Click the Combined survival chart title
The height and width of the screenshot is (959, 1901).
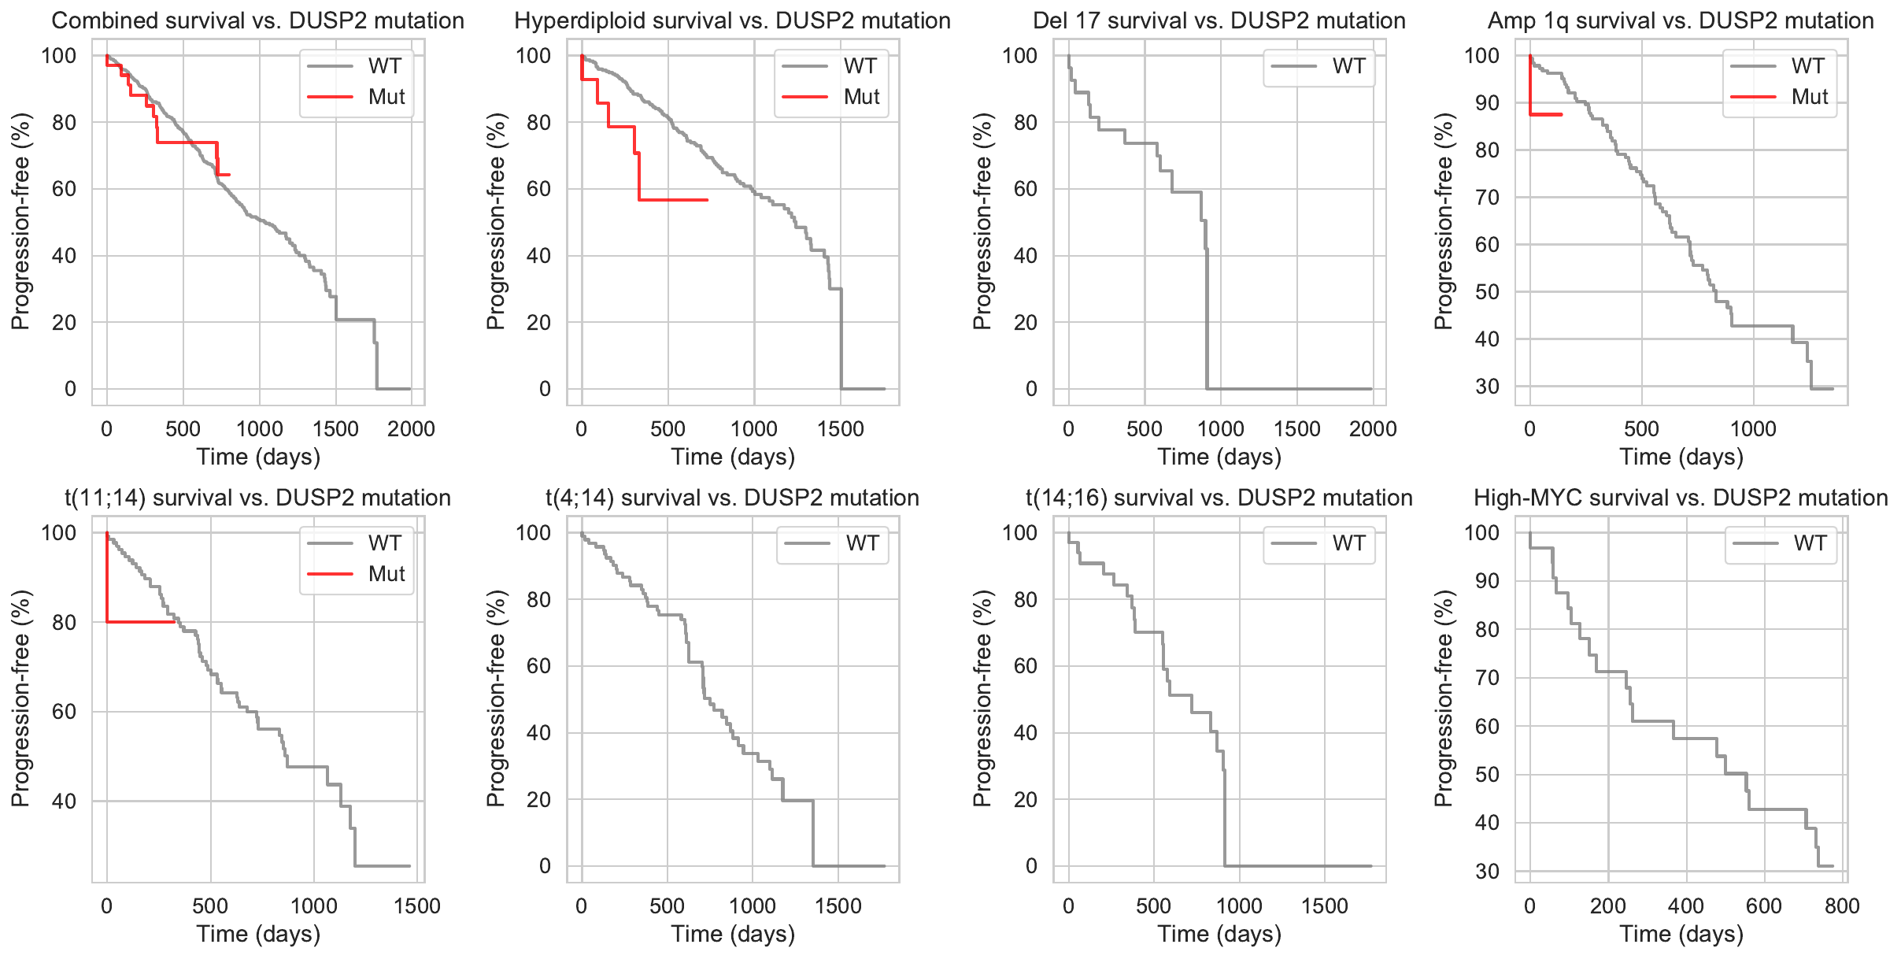(x=257, y=20)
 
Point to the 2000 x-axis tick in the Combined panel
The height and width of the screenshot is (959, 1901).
(x=412, y=429)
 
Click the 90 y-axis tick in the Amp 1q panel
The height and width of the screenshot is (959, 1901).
(x=1487, y=103)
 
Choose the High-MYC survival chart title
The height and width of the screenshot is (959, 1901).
(x=1681, y=498)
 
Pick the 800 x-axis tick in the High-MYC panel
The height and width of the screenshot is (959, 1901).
(x=1842, y=906)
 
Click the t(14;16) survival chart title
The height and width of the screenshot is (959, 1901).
(x=1219, y=498)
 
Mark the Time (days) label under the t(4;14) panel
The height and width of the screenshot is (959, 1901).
(x=733, y=934)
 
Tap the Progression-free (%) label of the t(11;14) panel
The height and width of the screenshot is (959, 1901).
(x=20, y=698)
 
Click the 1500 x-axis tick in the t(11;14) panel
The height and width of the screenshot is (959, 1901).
(x=417, y=906)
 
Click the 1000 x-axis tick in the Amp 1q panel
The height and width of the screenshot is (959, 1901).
(x=1753, y=429)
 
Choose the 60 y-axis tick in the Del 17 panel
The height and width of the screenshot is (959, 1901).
(x=1025, y=189)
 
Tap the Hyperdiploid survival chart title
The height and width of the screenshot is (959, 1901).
(x=732, y=20)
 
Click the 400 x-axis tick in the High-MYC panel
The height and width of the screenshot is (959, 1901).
(x=1685, y=906)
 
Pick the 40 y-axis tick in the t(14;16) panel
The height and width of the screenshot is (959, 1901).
(x=1025, y=733)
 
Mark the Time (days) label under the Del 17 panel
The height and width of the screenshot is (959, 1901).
(x=1219, y=457)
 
